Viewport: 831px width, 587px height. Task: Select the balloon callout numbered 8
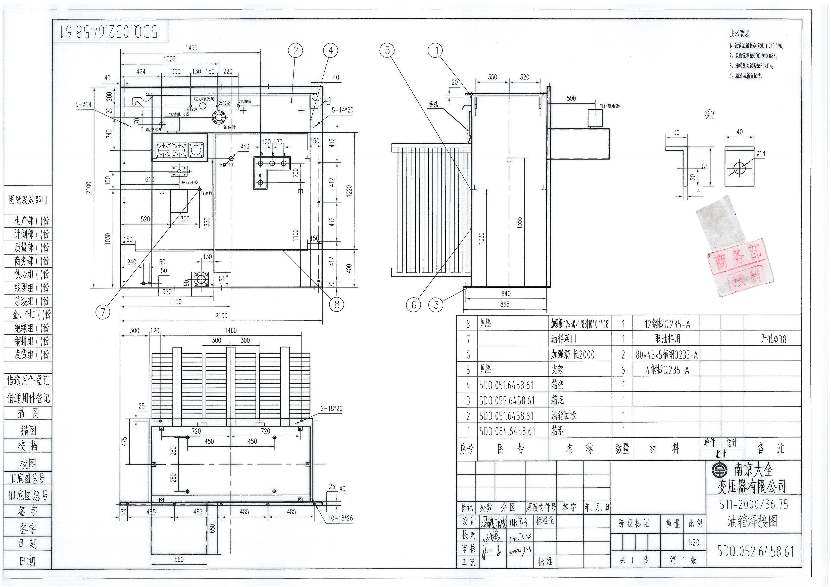coord(337,305)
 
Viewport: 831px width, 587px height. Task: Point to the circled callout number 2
coord(295,51)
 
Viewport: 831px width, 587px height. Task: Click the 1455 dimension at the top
coord(191,48)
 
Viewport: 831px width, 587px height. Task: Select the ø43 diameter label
coord(245,146)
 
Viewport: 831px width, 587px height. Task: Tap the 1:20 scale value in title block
coord(694,543)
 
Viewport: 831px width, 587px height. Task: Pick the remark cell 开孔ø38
coord(773,339)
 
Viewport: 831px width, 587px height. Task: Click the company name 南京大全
coord(753,470)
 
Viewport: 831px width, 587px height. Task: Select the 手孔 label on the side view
coord(433,105)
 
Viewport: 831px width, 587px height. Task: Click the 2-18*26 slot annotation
coord(331,409)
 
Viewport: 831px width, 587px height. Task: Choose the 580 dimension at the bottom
coord(179,560)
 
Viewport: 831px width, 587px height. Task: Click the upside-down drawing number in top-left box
coord(109,31)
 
